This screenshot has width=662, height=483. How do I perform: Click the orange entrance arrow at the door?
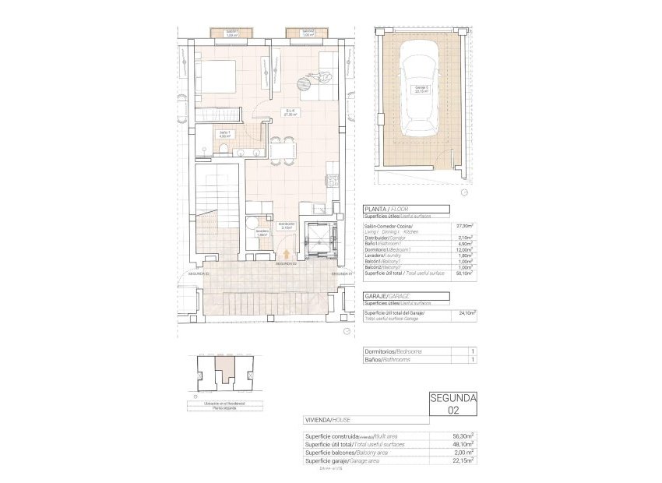tap(289, 253)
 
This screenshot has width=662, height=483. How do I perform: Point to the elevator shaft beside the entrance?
tap(321, 238)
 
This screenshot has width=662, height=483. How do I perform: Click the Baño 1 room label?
tap(224, 134)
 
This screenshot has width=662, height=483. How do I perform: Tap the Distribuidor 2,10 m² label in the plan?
tap(287, 226)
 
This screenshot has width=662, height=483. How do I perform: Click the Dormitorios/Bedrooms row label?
tap(394, 351)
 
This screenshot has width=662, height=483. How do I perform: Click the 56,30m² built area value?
tap(464, 437)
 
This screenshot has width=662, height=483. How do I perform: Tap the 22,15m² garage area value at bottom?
tap(464, 460)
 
